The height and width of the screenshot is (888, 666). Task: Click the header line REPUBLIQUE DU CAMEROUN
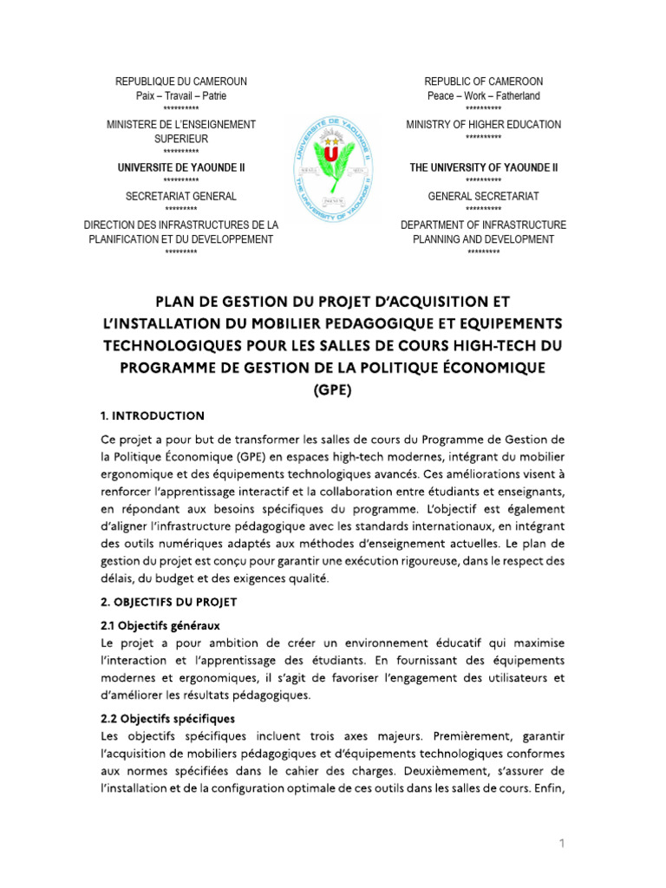tap(181, 82)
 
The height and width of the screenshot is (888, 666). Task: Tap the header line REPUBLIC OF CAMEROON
tap(483, 82)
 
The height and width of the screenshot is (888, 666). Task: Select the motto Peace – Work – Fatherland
tap(483, 95)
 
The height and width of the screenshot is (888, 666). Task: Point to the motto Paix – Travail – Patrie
tap(181, 95)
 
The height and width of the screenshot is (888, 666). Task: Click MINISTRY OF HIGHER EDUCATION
tap(483, 125)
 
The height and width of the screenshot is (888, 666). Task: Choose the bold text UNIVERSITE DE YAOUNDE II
tap(181, 167)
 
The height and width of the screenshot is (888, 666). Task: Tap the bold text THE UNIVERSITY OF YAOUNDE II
tap(483, 167)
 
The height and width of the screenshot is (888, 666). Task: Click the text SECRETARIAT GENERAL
tap(181, 197)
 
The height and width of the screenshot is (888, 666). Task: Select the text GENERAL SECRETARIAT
tap(483, 197)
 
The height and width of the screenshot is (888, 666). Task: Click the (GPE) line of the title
tap(332, 390)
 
